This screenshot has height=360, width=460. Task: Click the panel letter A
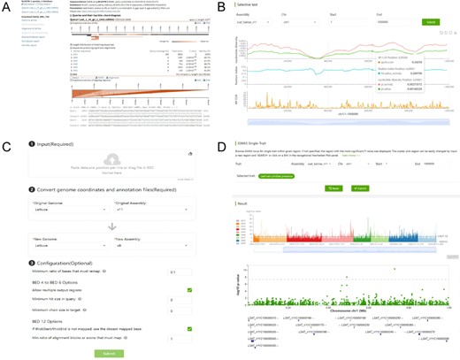click(5, 6)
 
